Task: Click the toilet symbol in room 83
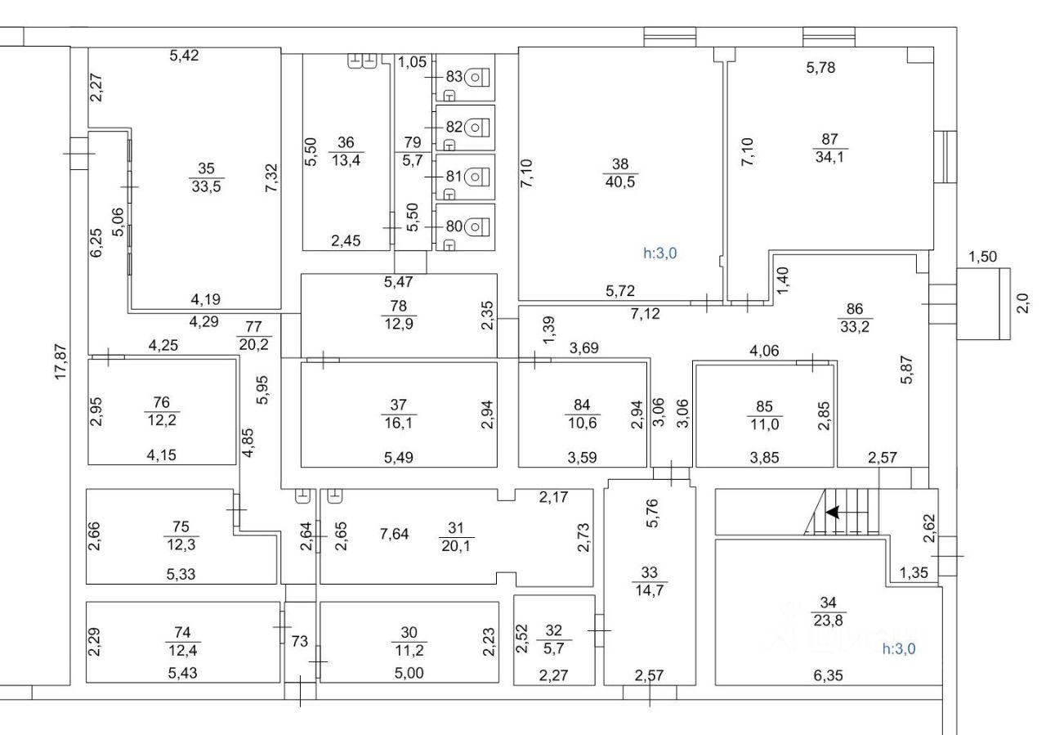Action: tap(478, 77)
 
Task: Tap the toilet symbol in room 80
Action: tap(480, 222)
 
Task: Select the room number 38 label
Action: tap(616, 164)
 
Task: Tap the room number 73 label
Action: tap(300, 642)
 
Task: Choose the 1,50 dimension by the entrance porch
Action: tap(982, 257)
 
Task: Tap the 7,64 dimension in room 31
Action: tap(396, 535)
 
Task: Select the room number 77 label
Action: tap(253, 328)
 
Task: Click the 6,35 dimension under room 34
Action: tap(827, 675)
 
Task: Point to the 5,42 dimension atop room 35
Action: tap(184, 56)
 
